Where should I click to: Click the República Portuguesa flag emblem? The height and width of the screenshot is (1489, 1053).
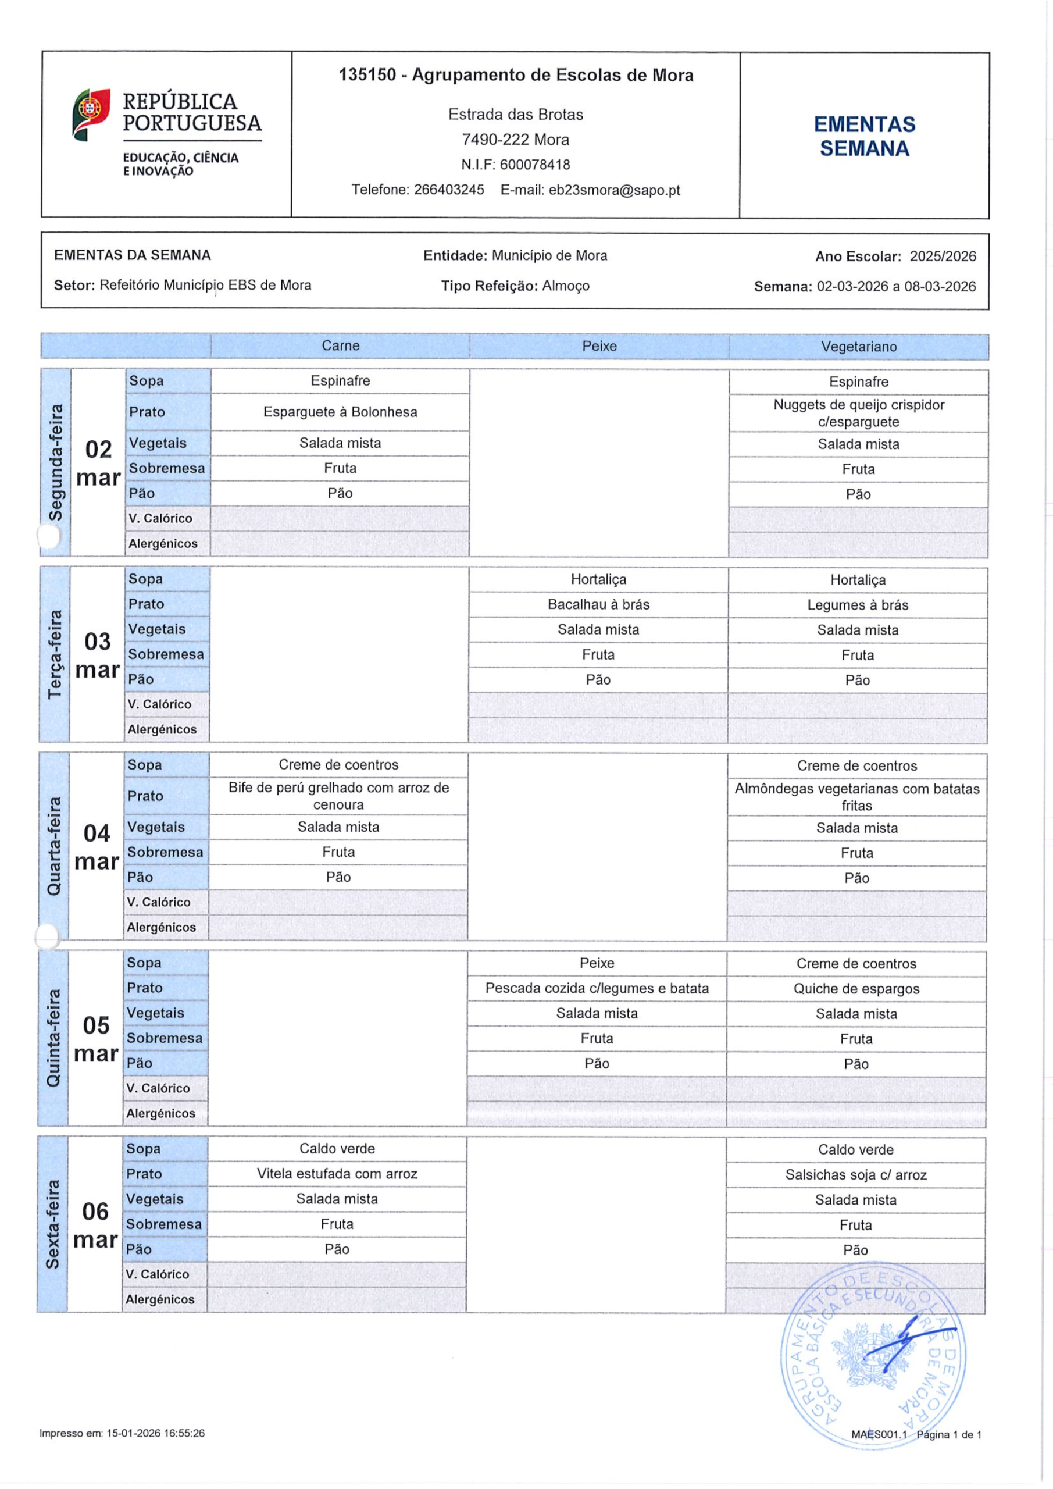[91, 114]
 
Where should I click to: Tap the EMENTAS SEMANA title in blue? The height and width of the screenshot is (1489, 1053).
[864, 136]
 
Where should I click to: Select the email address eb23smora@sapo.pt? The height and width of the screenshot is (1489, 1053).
[614, 190]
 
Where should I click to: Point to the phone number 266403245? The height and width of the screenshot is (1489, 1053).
[449, 190]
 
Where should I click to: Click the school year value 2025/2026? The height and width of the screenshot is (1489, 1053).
[942, 256]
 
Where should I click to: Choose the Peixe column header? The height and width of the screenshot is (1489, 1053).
[599, 346]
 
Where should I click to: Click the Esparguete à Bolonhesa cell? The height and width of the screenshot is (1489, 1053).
[340, 412]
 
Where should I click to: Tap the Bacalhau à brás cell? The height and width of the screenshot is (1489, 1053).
[598, 604]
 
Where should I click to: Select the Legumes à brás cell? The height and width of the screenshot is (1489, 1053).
[857, 605]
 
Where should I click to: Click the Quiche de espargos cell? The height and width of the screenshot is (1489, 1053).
[856, 988]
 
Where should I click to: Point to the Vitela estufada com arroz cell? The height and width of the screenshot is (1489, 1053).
[337, 1173]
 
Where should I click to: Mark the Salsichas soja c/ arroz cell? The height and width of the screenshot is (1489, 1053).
[856, 1174]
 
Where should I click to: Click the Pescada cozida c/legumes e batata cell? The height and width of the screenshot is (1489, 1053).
[597, 988]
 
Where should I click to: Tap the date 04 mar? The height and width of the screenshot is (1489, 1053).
[97, 847]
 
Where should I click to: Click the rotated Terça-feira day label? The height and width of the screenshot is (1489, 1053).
[55, 654]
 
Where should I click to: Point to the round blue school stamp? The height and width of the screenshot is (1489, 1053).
[873, 1355]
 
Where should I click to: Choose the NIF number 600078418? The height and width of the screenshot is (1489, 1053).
[535, 165]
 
